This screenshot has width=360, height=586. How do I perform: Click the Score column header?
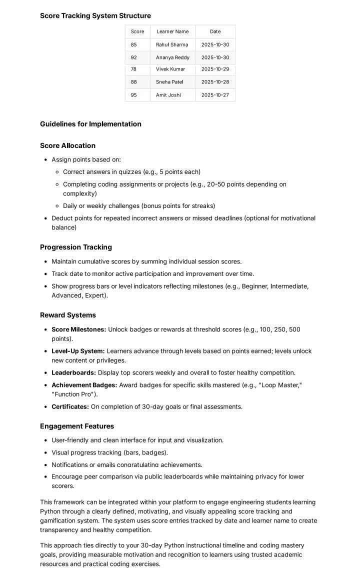(137, 31)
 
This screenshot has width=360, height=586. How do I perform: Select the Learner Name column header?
(172, 31)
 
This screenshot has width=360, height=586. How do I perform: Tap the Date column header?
(215, 31)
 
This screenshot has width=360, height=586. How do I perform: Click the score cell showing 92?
(134, 57)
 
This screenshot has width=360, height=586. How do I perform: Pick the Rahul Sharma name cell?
(172, 44)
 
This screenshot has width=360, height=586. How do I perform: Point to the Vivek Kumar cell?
(170, 69)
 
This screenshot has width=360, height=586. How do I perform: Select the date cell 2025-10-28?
(215, 82)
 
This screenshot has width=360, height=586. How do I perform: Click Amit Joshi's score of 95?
(134, 95)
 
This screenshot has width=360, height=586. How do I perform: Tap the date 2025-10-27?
(215, 95)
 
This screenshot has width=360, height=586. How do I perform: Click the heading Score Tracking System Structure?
(95, 16)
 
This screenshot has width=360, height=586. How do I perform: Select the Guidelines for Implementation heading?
(90, 124)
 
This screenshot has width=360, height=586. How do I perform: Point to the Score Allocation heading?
(67, 146)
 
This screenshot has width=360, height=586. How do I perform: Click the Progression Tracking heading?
(76, 247)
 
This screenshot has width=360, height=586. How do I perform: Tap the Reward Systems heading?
(68, 315)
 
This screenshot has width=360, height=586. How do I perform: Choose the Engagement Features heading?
(77, 426)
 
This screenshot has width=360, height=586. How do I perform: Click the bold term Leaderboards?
(73, 372)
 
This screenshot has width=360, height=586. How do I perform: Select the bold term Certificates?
(70, 406)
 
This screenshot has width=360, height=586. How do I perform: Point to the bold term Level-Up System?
(78, 351)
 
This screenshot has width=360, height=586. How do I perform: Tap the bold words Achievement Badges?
(84, 385)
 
